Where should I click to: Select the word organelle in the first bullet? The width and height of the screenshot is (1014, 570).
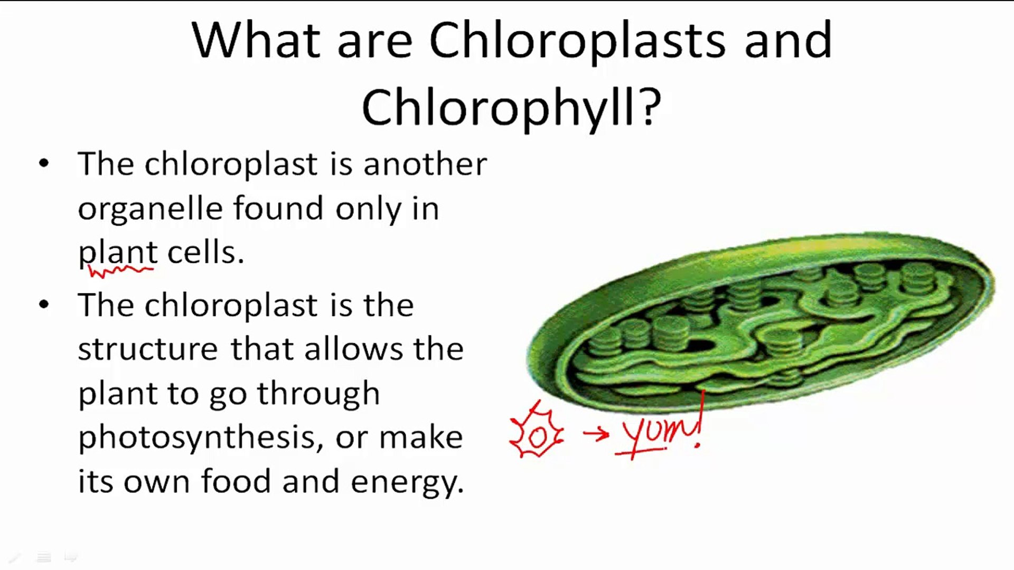click(x=150, y=210)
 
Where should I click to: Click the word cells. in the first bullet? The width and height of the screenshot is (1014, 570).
click(x=206, y=252)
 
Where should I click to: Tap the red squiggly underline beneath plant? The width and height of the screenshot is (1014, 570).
click(x=121, y=271)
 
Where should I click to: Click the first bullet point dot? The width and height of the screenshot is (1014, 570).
click(x=44, y=163)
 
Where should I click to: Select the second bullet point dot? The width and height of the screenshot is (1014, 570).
click(x=44, y=304)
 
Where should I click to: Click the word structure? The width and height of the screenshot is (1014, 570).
click(x=148, y=349)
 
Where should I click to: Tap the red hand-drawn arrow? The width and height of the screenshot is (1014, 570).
click(x=596, y=434)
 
